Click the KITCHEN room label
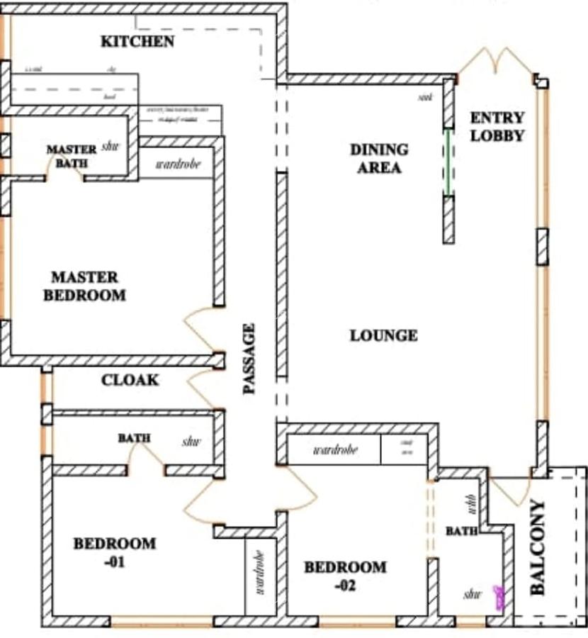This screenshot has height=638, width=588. click(137, 41)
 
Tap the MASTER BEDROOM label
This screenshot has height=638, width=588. click(84, 286)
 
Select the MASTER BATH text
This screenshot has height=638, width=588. click(72, 157)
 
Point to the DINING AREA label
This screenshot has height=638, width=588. click(379, 159)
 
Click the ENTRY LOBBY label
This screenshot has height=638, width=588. click(497, 127)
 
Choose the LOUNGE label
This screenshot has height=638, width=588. click(383, 335)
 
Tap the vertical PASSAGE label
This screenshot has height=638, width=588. click(249, 359)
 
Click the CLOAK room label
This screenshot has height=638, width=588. click(130, 381)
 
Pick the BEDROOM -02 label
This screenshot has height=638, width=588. click(345, 576)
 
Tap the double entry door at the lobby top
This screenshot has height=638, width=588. click(496, 62)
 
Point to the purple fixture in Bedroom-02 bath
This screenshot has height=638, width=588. click(500, 598)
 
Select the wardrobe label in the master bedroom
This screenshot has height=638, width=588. click(177, 164)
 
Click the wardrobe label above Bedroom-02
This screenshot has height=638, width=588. click(335, 450)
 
